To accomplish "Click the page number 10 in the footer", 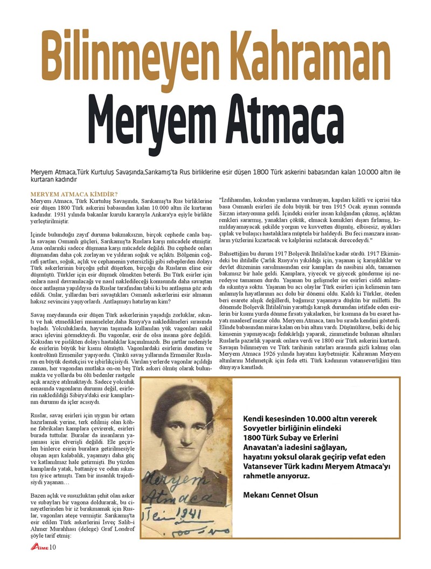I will pos(53,548).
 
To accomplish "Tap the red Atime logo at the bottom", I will pos(40,548).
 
